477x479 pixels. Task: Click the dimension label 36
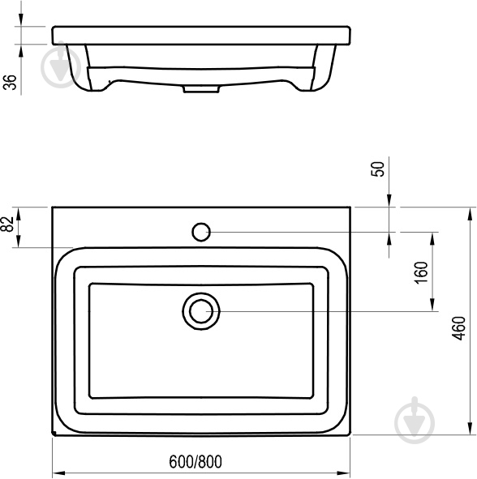click(11, 82)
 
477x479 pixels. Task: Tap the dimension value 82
click(8, 225)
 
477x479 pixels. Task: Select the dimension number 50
click(378, 169)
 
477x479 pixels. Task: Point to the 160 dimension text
click(421, 272)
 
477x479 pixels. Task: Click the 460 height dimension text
click(459, 328)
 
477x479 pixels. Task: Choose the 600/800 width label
click(196, 462)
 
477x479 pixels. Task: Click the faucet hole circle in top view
click(201, 232)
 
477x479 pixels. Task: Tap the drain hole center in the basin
click(201, 311)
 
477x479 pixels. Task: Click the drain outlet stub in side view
click(201, 89)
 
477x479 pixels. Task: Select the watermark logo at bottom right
click(415, 421)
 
